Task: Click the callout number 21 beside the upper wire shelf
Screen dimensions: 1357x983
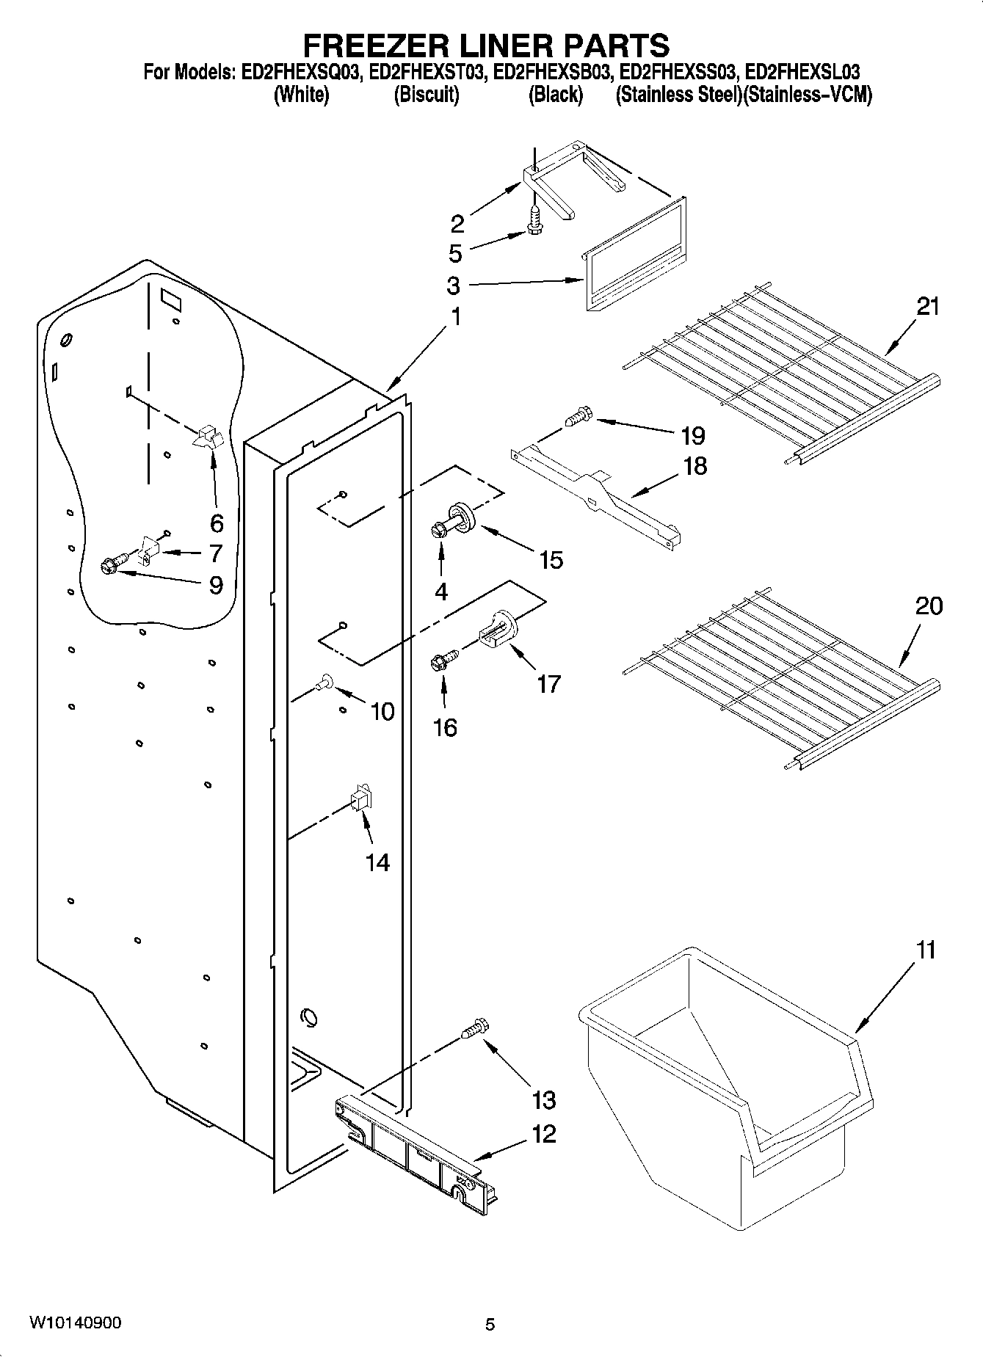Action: (x=928, y=305)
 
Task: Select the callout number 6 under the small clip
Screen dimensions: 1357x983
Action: (x=216, y=523)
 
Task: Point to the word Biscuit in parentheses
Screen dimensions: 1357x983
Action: (x=427, y=95)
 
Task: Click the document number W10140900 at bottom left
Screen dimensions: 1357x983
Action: (x=75, y=1323)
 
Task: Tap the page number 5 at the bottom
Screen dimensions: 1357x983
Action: (x=490, y=1325)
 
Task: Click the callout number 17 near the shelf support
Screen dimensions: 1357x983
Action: (x=548, y=684)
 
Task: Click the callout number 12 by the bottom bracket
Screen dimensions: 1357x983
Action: (x=543, y=1134)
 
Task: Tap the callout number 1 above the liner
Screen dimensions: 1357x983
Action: (x=456, y=317)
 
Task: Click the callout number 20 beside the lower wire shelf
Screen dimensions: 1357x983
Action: (x=928, y=606)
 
